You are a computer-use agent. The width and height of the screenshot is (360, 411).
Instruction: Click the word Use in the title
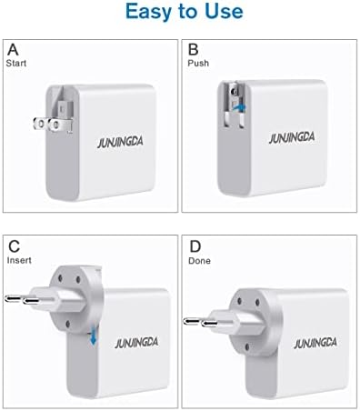coord(224,11)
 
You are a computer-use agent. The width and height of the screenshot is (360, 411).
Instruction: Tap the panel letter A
coord(13,50)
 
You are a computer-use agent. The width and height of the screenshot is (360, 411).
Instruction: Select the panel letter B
coord(194,50)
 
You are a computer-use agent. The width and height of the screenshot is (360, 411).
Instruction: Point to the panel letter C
coord(14,246)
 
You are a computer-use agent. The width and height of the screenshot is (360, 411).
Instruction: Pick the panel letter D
coord(195,246)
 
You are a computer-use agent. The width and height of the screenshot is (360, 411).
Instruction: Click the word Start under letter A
coord(16,63)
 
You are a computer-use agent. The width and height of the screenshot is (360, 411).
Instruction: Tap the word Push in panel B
coord(198,63)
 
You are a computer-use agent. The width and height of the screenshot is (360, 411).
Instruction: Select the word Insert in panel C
coord(19,260)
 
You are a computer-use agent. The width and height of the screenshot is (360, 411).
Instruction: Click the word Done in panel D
coord(199,261)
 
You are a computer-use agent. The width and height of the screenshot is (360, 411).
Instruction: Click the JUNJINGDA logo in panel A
coord(120,143)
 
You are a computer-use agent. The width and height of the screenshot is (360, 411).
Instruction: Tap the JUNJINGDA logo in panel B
coord(292,138)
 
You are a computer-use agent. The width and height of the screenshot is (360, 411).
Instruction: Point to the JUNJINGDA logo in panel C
coord(136,343)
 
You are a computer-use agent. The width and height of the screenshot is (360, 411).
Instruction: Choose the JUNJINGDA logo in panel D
coord(315,343)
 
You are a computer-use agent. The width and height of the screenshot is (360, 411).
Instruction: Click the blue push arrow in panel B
coord(239,106)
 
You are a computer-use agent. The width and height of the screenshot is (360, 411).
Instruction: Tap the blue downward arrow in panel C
coord(94,338)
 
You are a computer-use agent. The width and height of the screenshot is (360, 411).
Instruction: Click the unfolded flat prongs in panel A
coord(53,125)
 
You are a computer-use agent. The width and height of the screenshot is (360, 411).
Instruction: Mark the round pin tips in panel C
coord(22,299)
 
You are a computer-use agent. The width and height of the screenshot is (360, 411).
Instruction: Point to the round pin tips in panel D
coord(200,323)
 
